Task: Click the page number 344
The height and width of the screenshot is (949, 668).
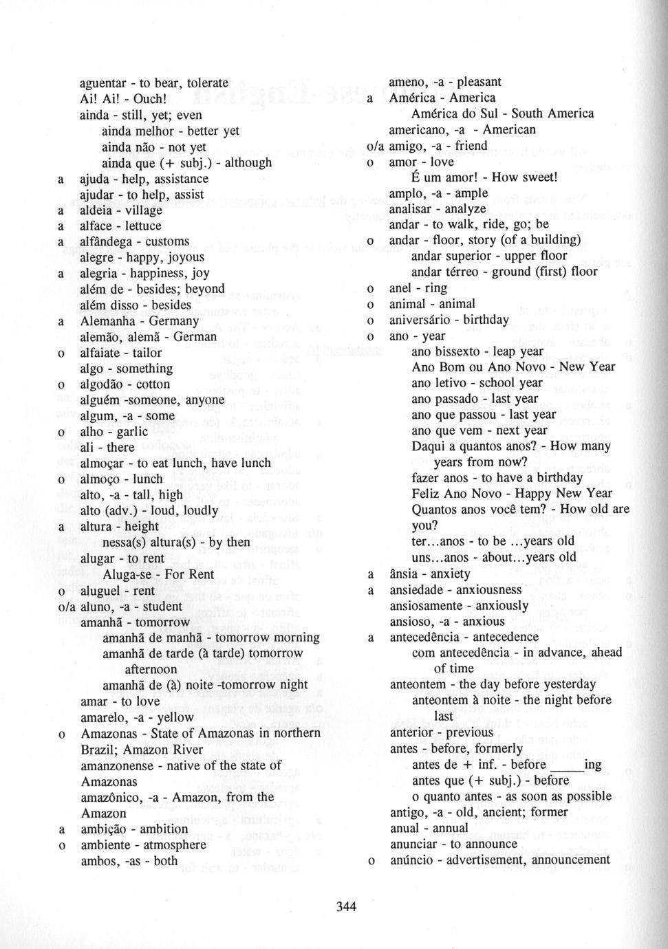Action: pos(346,906)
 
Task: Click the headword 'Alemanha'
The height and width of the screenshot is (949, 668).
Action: pos(109,321)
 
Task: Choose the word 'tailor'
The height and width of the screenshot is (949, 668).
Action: pos(147,353)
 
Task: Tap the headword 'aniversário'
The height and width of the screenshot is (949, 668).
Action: pos(420,320)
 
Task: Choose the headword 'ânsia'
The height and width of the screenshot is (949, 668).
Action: pos(403,574)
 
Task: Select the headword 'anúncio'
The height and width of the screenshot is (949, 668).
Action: pos(413,860)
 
